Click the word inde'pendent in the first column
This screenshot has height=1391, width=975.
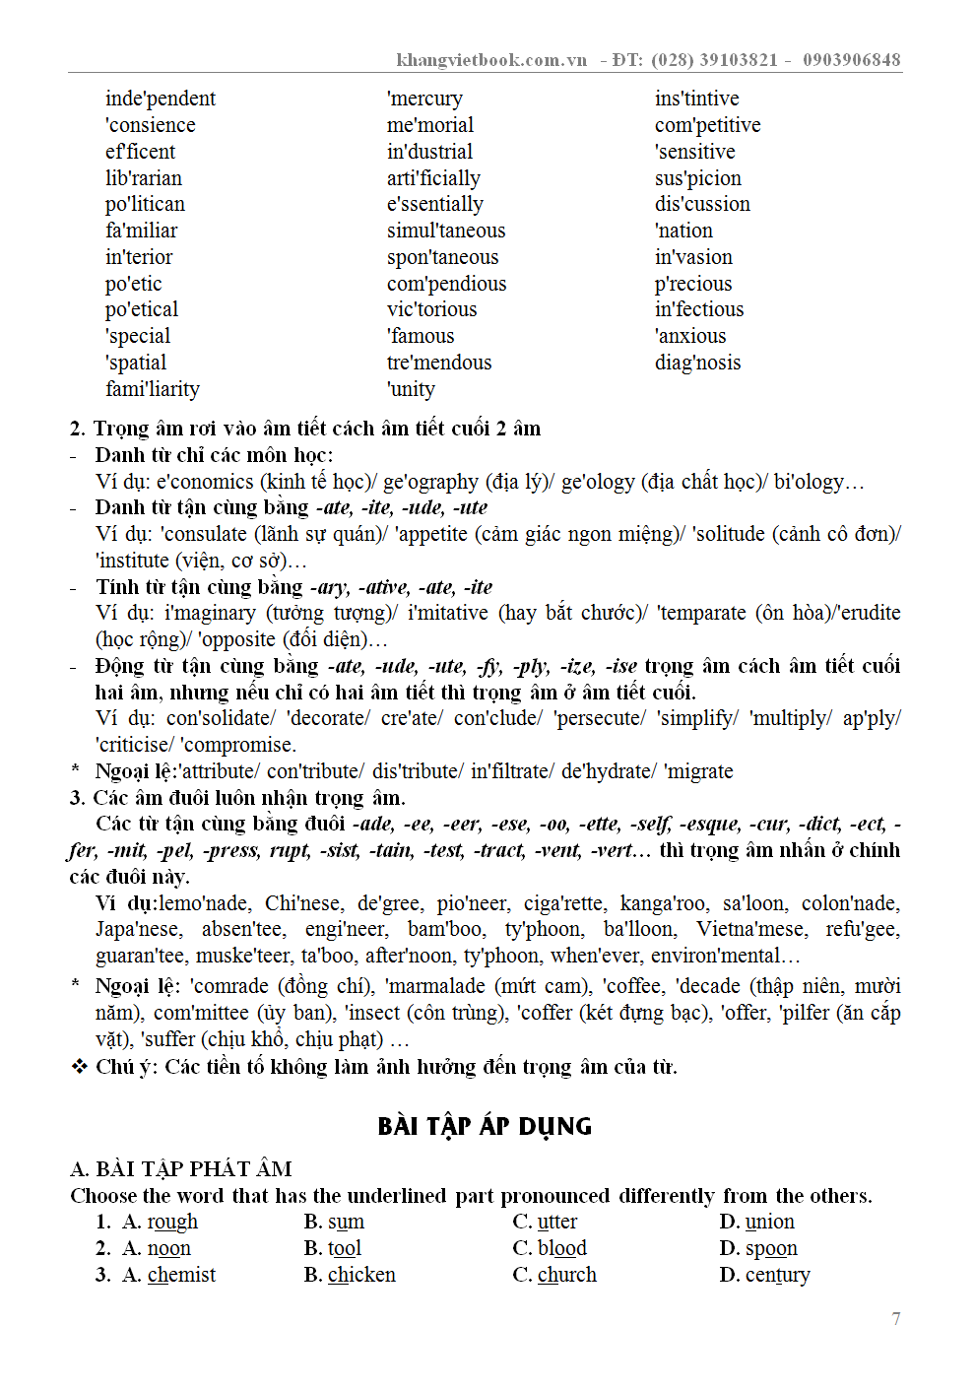pos(161,99)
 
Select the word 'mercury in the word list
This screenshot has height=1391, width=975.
pos(424,99)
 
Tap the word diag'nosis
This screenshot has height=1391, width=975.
pos(697,363)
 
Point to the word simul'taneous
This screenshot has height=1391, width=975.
pos(446,231)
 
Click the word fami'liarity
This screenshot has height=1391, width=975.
pos(153,389)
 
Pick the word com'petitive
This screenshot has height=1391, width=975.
pos(707,125)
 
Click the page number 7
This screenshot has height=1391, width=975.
pos(896,1319)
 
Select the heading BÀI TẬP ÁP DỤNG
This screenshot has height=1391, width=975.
pos(485,1126)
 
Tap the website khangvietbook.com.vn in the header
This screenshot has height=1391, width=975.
pos(491,60)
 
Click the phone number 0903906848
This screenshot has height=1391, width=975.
pos(851,60)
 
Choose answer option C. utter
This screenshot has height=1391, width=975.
pos(545,1222)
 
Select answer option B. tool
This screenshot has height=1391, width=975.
pos(333,1248)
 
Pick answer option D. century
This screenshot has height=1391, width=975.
pos(764,1275)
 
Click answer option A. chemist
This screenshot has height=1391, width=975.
pos(168,1275)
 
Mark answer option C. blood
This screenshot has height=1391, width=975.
pos(550,1248)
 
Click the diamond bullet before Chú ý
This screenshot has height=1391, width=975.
pos(80,1066)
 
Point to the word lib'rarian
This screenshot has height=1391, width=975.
pos(144,178)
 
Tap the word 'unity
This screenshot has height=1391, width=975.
pos(411,389)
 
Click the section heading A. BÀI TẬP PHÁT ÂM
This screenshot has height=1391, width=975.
pos(181,1169)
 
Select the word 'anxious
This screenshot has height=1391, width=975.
pos(690,336)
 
